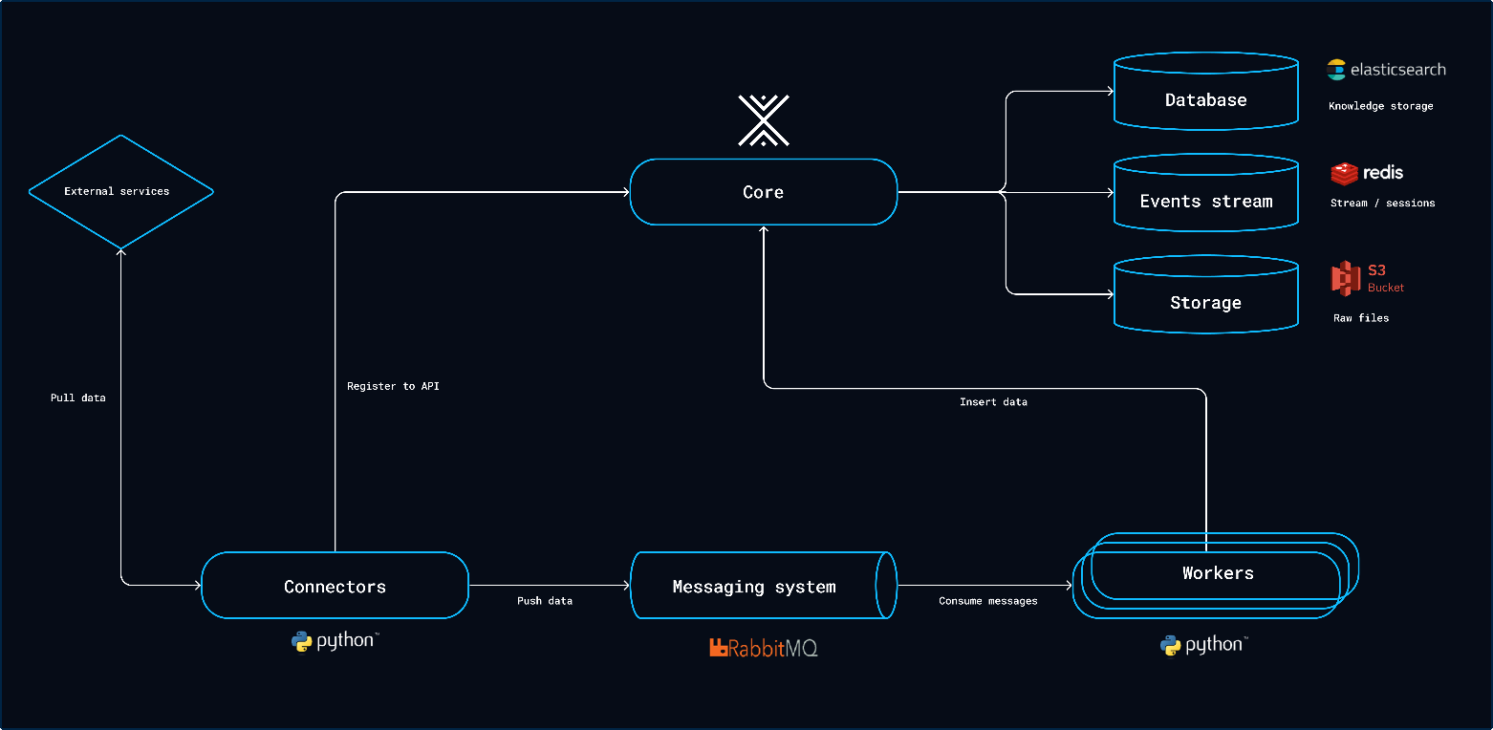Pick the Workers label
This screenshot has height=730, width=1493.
point(1218,572)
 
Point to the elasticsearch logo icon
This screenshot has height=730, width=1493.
point(1335,69)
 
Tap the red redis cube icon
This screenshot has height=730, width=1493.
point(1344,173)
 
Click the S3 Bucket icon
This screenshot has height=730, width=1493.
point(1346,278)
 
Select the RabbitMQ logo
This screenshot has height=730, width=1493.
point(763,648)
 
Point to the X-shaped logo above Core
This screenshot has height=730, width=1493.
point(763,120)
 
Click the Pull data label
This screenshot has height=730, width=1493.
point(78,397)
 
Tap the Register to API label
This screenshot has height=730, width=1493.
point(393,386)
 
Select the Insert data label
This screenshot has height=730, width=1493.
point(993,401)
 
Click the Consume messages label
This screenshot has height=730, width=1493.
point(987,601)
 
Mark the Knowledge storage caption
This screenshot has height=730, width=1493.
point(1380,106)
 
